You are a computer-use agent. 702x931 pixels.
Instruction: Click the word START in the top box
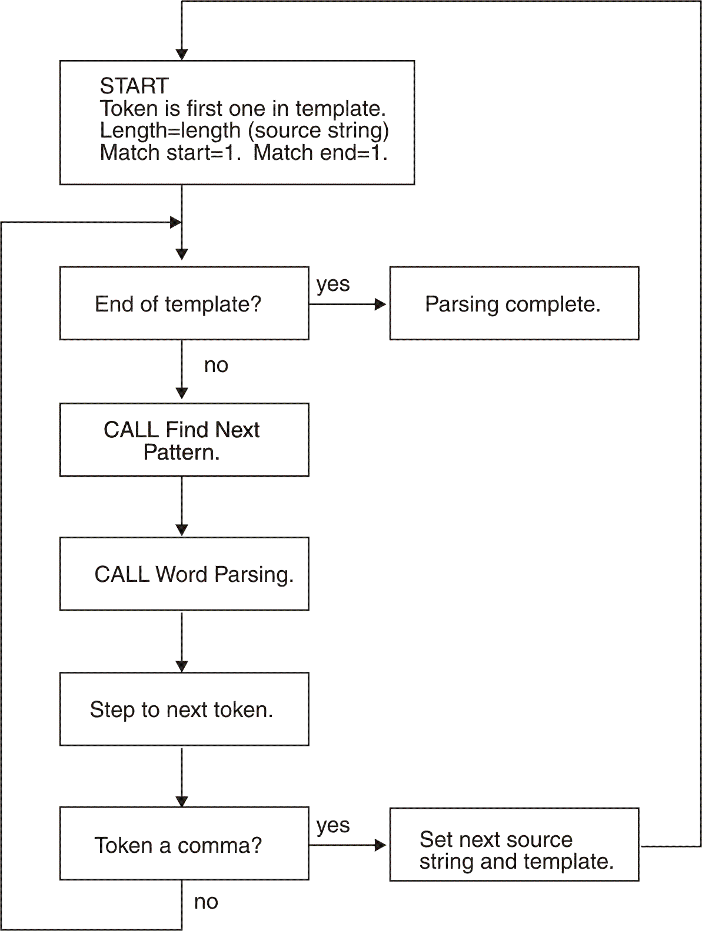134,86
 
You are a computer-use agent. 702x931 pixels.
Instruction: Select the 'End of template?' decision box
184,303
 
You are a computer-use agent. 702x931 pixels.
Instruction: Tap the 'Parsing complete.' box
514,303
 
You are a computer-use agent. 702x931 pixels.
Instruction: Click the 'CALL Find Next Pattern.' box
184,440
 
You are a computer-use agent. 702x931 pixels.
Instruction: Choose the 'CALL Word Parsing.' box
184,574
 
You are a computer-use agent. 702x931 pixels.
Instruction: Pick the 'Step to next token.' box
184,709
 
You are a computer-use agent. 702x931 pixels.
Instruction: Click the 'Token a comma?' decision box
184,844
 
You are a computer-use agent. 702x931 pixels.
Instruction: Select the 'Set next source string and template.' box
514,844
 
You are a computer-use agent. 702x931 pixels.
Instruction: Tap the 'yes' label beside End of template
333,284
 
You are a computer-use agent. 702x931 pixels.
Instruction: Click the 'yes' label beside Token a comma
333,825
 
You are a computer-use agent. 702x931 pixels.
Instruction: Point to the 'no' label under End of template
216,366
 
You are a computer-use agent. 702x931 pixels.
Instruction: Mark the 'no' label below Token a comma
206,902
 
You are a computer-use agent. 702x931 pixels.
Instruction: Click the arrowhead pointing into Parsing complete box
381,304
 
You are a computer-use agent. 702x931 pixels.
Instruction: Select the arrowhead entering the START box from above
182,55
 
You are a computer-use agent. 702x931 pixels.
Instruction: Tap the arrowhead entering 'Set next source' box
381,845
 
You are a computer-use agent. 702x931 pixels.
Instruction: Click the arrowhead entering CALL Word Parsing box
182,530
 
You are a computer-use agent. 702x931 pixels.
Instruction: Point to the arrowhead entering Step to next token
182,666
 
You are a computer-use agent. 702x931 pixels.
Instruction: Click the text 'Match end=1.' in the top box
321,153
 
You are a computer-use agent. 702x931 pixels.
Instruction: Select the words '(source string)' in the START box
318,130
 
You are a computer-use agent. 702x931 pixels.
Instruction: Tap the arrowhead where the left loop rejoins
175,222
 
